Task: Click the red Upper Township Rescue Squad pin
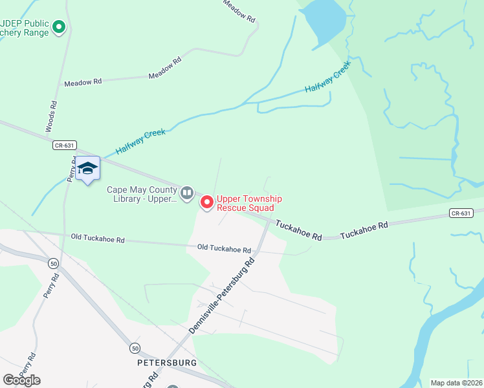coord(207,202)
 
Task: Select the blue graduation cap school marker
coord(87,169)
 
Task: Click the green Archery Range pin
coord(59,27)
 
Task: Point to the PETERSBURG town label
coord(167,363)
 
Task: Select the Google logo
coord(21,380)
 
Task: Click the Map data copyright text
coord(457,383)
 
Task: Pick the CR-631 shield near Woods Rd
coord(61,146)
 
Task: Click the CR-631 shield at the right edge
coord(460,213)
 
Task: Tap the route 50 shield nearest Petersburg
coord(133,347)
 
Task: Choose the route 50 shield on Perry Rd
coord(52,263)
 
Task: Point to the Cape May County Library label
coord(141,194)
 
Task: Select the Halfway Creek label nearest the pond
coord(327,78)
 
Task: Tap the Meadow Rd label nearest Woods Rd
coord(83,82)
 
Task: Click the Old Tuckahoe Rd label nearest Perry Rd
coord(98,239)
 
